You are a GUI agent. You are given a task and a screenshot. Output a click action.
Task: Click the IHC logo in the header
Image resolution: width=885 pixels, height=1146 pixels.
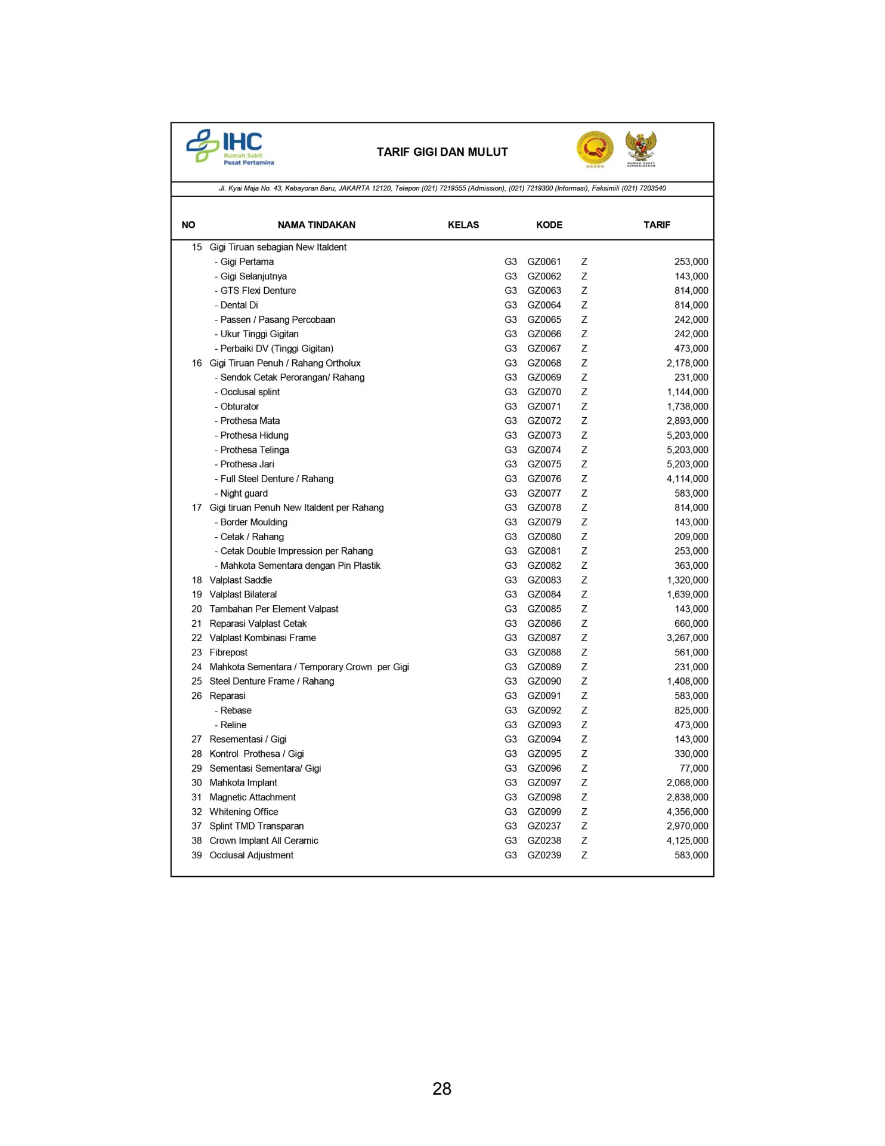click(x=230, y=147)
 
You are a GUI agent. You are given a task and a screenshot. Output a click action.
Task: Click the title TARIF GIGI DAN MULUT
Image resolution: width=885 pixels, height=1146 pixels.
click(x=442, y=152)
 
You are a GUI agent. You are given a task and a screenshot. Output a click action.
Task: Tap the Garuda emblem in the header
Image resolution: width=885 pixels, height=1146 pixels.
click(x=640, y=148)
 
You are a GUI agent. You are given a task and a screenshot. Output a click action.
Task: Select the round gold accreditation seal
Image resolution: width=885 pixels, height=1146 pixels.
click(x=595, y=148)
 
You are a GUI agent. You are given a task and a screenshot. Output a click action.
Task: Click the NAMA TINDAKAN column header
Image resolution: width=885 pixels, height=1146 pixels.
click(x=316, y=225)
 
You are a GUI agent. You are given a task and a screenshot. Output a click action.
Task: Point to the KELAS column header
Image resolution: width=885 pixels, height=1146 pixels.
click(x=463, y=225)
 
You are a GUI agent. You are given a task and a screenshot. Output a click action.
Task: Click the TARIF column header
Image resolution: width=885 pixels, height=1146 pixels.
click(x=656, y=225)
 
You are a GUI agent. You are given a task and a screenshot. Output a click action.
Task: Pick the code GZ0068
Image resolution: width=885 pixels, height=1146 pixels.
click(x=544, y=363)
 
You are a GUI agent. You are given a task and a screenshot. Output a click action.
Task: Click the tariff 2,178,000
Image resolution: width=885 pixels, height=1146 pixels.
click(x=687, y=363)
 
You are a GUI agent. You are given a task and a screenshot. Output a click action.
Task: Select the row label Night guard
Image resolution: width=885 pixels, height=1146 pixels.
click(x=243, y=494)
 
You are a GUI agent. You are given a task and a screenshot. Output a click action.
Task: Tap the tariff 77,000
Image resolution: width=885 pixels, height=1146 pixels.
click(x=694, y=768)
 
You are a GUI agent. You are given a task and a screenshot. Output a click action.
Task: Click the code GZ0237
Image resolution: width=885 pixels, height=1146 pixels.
click(x=544, y=826)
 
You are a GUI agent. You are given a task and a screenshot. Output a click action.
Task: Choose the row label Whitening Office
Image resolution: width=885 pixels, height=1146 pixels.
click(x=243, y=812)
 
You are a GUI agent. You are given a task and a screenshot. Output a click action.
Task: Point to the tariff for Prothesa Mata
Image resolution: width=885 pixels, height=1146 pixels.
click(x=687, y=421)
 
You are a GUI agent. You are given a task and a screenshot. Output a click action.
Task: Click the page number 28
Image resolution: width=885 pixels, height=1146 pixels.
click(x=442, y=1089)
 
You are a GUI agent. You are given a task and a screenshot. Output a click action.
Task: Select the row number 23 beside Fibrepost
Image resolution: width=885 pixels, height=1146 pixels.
click(x=196, y=652)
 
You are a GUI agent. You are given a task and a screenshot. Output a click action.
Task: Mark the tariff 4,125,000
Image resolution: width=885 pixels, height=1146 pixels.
click(x=687, y=840)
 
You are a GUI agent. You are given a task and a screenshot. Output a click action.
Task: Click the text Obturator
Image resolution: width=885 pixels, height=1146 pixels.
click(x=239, y=406)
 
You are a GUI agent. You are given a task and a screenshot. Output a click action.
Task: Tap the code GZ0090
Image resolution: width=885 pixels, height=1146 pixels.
click(x=544, y=681)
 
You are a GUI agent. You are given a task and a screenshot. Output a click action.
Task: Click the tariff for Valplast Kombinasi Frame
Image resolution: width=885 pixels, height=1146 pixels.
click(x=687, y=638)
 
